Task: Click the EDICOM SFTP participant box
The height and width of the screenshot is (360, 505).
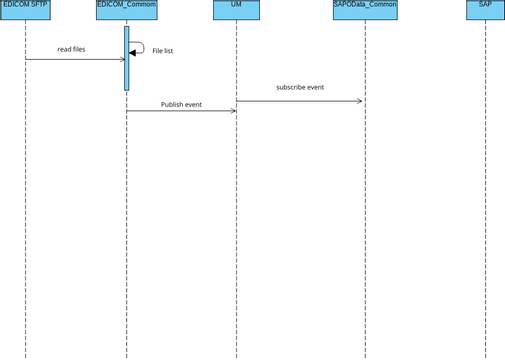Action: pos(25,11)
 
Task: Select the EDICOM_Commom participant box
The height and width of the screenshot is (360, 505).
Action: pos(126,11)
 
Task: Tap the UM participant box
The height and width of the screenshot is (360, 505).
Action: pos(236,11)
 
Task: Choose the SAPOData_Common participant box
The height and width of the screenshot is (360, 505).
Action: pos(364,11)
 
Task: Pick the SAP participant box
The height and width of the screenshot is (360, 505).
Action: pos(485,11)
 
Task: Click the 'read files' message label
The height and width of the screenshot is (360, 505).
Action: pos(71,48)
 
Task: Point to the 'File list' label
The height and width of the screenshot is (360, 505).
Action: pos(162,50)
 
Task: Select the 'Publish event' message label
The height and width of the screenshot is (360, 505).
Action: pos(181,104)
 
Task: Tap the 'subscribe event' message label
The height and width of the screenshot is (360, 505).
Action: pos(300,87)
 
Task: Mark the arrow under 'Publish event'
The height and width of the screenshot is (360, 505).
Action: pos(181,110)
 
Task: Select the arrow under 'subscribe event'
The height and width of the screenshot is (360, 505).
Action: pos(300,100)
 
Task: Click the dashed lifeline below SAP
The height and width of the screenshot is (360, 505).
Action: pos(485,200)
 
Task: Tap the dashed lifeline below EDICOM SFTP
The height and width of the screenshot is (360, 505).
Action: pos(25,200)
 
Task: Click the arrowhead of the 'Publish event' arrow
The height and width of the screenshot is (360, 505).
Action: pos(233,110)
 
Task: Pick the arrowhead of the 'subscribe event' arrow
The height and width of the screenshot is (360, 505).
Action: pos(361,100)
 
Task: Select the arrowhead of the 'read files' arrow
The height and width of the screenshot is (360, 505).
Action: pos(122,59)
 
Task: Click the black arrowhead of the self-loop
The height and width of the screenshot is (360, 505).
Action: pos(133,53)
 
